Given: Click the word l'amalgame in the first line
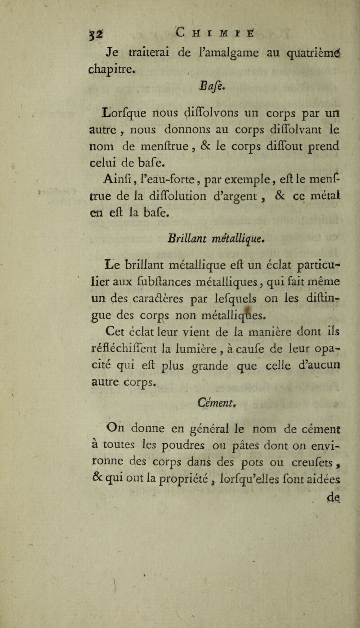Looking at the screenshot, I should pyautogui.click(x=212, y=57).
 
